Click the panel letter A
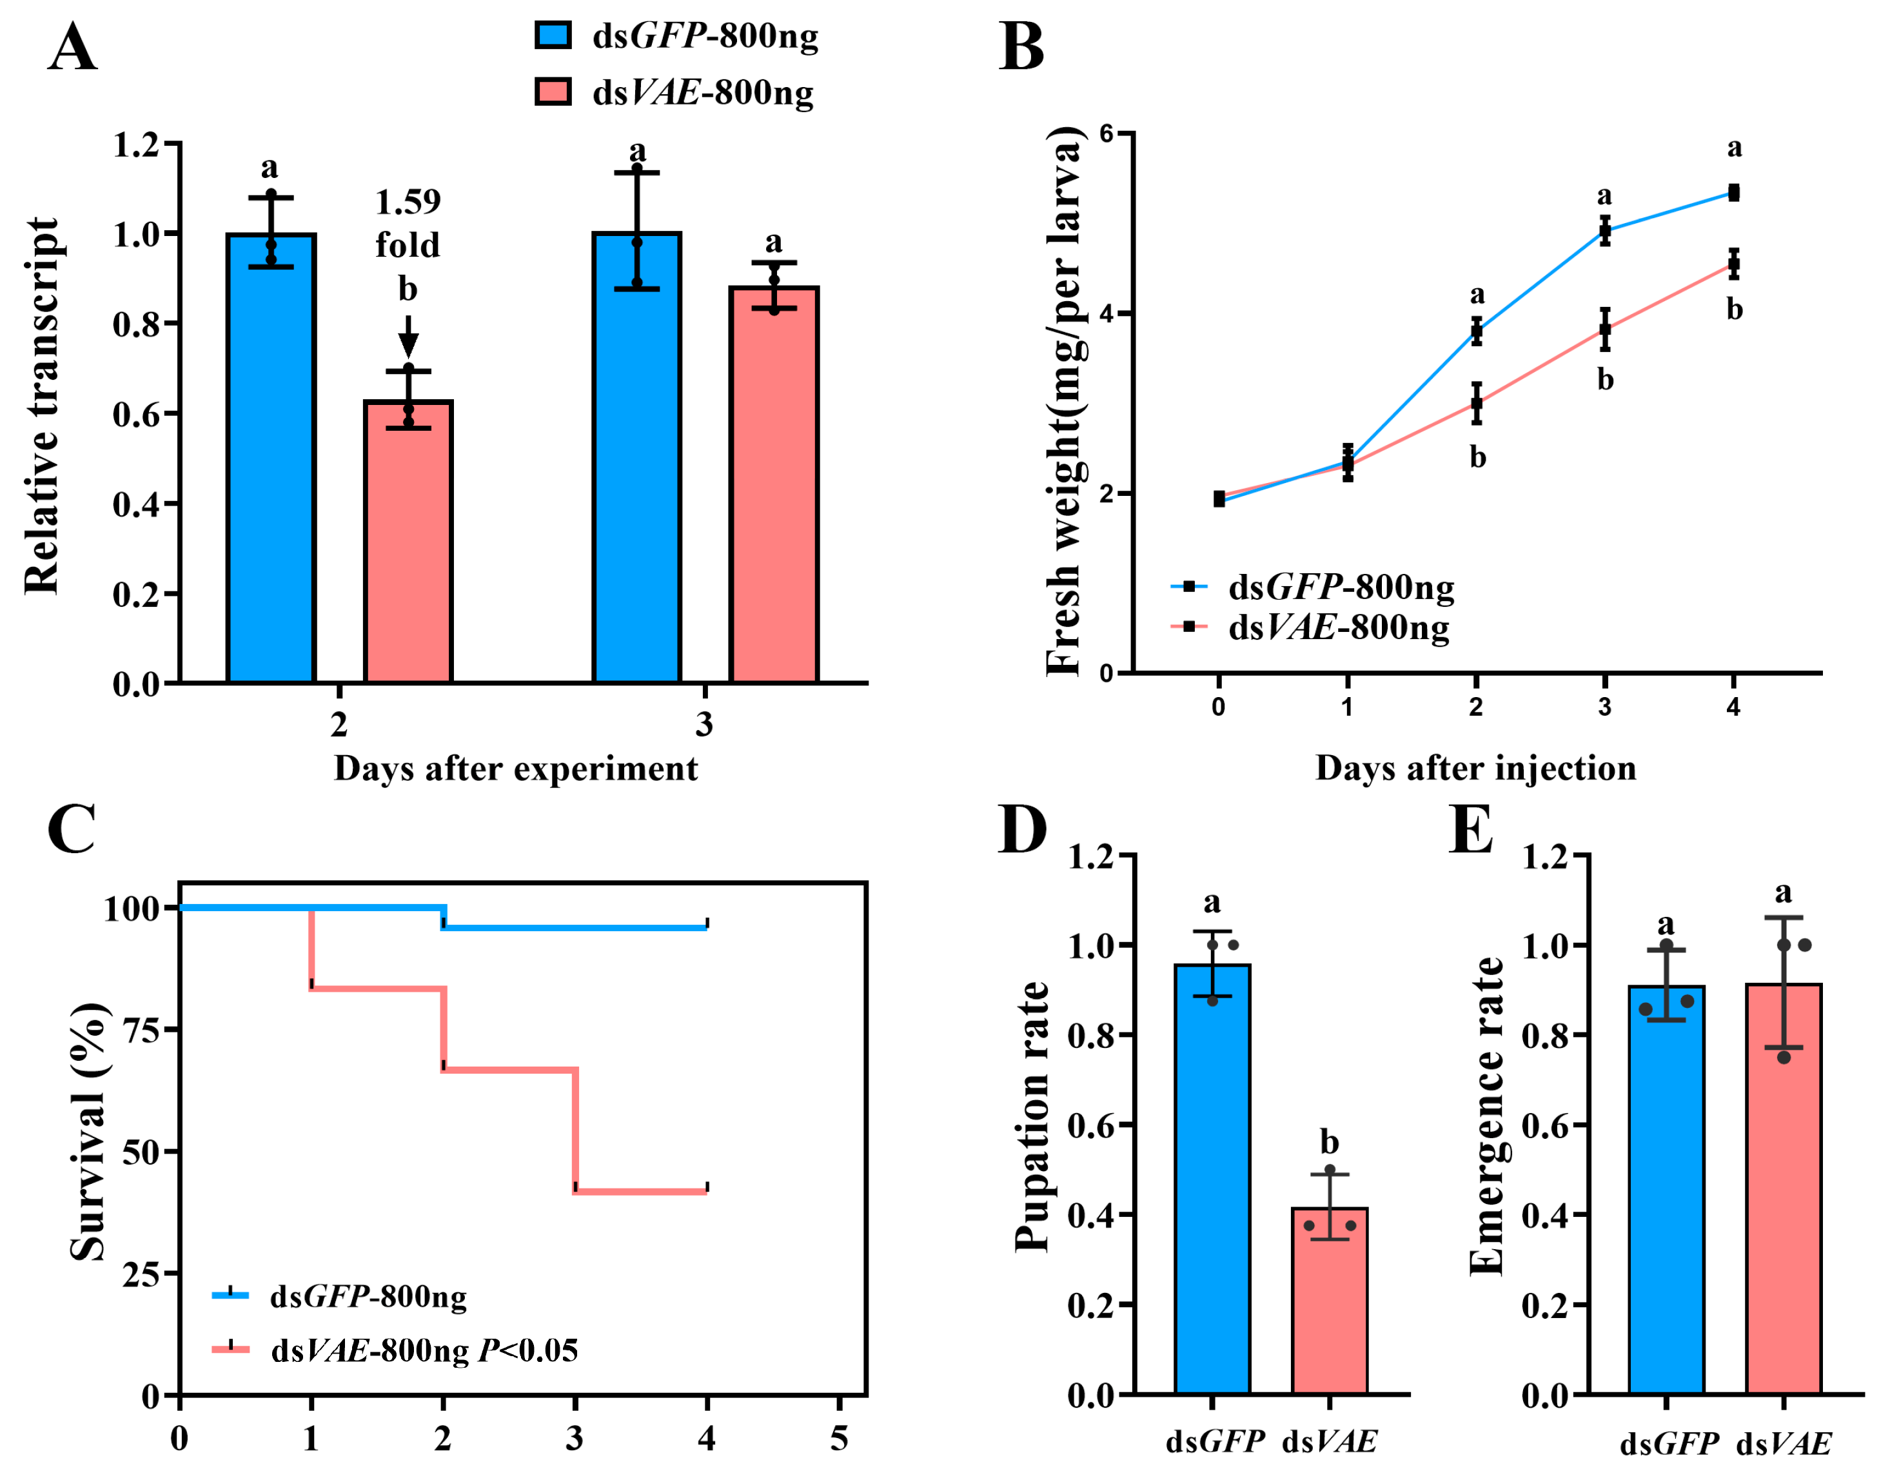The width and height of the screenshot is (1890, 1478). click(73, 48)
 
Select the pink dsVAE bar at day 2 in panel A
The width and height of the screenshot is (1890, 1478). click(408, 542)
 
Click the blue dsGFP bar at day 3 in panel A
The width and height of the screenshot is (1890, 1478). click(637, 458)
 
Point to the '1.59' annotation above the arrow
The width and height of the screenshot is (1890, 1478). click(408, 202)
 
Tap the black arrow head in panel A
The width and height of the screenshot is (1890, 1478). click(408, 346)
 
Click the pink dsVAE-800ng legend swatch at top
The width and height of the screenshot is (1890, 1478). click(553, 92)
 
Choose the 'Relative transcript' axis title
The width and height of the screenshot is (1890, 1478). click(41, 407)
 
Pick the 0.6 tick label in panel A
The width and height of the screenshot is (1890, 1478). click(137, 413)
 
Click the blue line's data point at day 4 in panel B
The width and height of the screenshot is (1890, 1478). click(1733, 193)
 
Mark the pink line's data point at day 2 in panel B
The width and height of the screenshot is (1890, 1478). click(1477, 403)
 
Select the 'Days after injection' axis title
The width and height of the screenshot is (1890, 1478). click(1475, 767)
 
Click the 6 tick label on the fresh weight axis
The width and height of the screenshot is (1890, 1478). click(1106, 133)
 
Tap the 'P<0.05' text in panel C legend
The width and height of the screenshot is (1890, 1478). click(529, 1350)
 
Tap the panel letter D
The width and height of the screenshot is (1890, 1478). click(1022, 829)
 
